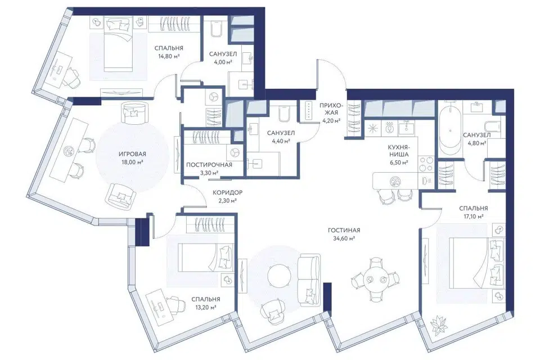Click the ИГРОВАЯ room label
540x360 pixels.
[x=133, y=154]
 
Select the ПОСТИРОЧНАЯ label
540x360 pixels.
[x=209, y=165]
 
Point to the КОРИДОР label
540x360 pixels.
[x=227, y=192]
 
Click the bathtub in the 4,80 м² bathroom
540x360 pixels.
[x=449, y=128]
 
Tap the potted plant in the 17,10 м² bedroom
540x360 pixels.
[x=439, y=324]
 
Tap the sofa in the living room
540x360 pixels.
[x=309, y=280]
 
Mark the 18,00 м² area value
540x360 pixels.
[x=132, y=162]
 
